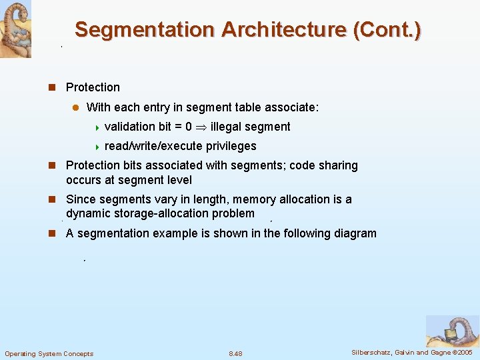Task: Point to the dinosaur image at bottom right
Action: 453,331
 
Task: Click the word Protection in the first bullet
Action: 93,87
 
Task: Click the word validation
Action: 131,127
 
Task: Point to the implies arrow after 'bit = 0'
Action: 201,127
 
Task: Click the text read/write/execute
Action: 153,146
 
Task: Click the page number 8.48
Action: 235,353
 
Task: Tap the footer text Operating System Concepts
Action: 49,353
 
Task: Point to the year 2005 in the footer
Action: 465,351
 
